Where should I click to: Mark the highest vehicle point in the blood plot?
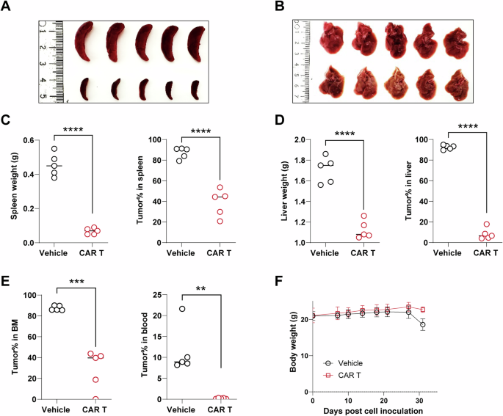pos(181,309)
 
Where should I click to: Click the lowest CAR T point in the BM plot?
pos(95,398)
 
